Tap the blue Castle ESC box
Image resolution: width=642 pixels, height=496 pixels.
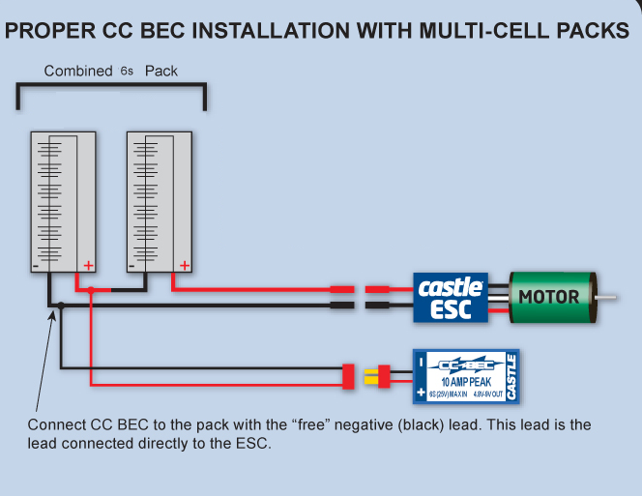pyautogui.click(x=451, y=298)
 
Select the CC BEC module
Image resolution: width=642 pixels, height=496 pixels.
pyautogui.click(x=466, y=376)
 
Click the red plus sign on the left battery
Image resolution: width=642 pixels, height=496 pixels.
pyautogui.click(x=88, y=266)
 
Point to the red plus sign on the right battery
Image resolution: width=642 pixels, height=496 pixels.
pyautogui.click(x=185, y=266)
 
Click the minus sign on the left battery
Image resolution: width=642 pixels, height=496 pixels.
pyautogui.click(x=35, y=267)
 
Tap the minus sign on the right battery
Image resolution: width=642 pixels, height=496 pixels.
pyautogui.click(x=131, y=267)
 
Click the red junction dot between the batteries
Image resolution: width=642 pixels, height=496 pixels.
pyautogui.click(x=91, y=290)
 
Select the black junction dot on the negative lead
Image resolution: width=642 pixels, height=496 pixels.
pyautogui.click(x=61, y=306)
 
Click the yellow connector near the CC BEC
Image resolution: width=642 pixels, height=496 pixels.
pyautogui.click(x=371, y=376)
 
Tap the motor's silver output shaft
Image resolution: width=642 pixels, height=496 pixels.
pyautogui.click(x=606, y=298)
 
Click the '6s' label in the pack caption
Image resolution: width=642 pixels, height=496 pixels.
pyautogui.click(x=127, y=72)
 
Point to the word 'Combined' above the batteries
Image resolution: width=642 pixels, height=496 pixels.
pyautogui.click(x=78, y=71)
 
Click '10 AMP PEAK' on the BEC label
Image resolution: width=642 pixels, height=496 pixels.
pyautogui.click(x=466, y=382)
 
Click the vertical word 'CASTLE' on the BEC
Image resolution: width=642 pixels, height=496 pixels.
pyautogui.click(x=511, y=377)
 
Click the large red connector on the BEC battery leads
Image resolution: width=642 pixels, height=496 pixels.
pyautogui.click(x=348, y=376)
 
